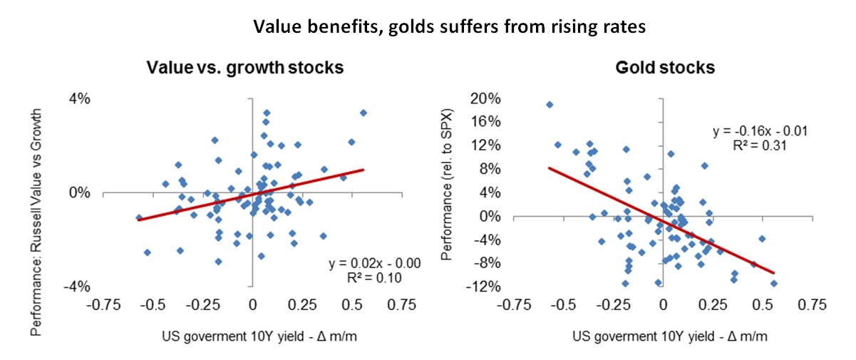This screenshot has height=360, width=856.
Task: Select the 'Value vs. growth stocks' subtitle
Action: click(245, 68)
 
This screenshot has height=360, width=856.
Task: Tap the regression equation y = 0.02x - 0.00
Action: click(374, 264)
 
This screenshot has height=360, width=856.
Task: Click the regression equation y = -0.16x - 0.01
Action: click(760, 132)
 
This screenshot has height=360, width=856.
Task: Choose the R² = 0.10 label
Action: click(375, 277)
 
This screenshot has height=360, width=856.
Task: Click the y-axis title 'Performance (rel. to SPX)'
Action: click(446, 193)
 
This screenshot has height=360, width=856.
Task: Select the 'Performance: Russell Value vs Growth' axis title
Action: click(36, 193)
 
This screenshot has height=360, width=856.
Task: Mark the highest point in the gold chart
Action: click(550, 105)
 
